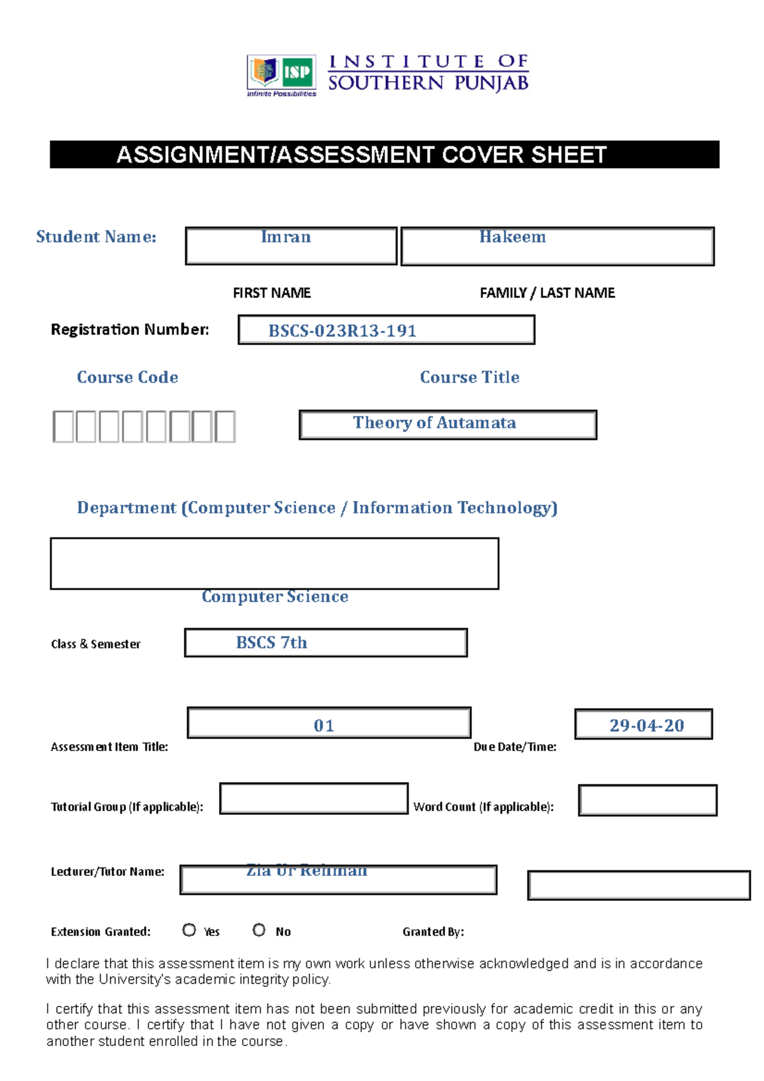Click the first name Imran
[286, 237]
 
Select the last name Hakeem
[513, 237]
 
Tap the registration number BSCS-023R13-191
[342, 331]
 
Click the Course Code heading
[127, 378]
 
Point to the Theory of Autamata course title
[434, 423]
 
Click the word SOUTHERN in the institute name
[386, 83]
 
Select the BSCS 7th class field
[272, 643]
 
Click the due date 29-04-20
[646, 726]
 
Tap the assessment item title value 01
[323, 726]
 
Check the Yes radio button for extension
[189, 930]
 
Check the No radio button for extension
[259, 930]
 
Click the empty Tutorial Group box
[313, 799]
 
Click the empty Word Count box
[647, 800]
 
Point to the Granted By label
[433, 932]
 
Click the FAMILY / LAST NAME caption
[547, 293]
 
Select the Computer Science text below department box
[275, 597]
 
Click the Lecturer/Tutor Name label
[108, 872]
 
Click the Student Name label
[96, 237]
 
